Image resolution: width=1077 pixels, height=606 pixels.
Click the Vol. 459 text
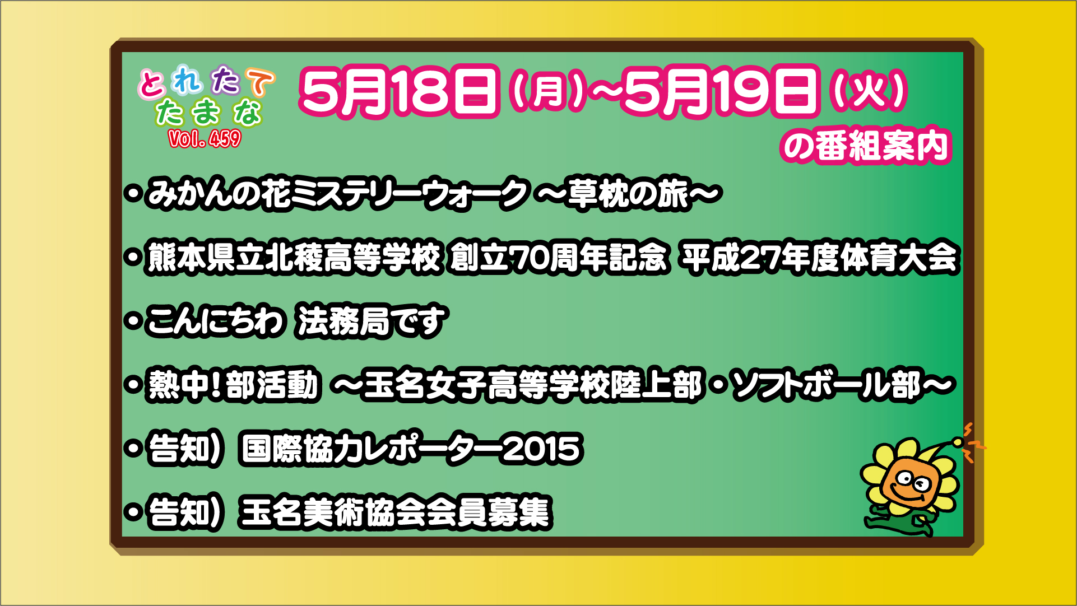pyautogui.click(x=205, y=138)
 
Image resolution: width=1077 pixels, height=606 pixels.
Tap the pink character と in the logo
pyautogui.click(x=152, y=85)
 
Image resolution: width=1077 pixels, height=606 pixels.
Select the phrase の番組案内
pyautogui.click(x=866, y=146)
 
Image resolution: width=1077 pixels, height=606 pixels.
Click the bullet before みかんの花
pyautogui.click(x=133, y=194)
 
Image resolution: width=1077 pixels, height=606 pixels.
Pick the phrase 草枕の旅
pyautogui.click(x=628, y=193)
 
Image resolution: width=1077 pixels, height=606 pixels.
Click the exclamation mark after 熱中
pyautogui.click(x=216, y=385)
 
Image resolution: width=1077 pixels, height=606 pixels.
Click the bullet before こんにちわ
pyautogui.click(x=133, y=321)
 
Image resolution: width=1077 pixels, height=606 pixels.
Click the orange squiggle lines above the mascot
pyautogui.click(x=973, y=442)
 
